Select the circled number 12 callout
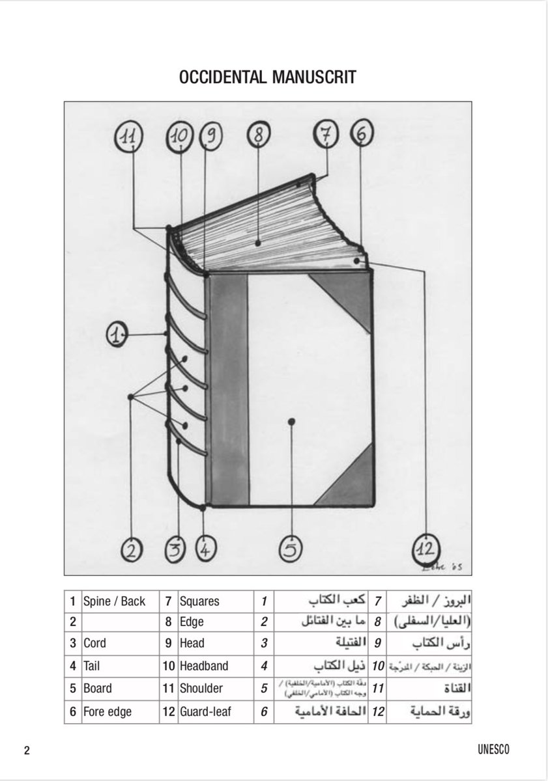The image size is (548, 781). click(425, 548)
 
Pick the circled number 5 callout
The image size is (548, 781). click(291, 550)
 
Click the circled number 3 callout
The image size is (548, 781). click(175, 551)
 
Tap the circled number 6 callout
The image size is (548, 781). click(362, 135)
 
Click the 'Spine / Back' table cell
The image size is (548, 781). click(115, 601)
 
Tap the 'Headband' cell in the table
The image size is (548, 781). click(201, 666)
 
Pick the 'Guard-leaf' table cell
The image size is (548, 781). click(205, 711)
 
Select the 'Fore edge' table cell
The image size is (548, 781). click(108, 711)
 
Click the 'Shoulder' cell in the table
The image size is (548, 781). click(201, 688)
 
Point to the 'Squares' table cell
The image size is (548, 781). click(199, 601)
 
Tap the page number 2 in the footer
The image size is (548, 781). click(27, 750)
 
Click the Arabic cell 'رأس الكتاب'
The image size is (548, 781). click(442, 644)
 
